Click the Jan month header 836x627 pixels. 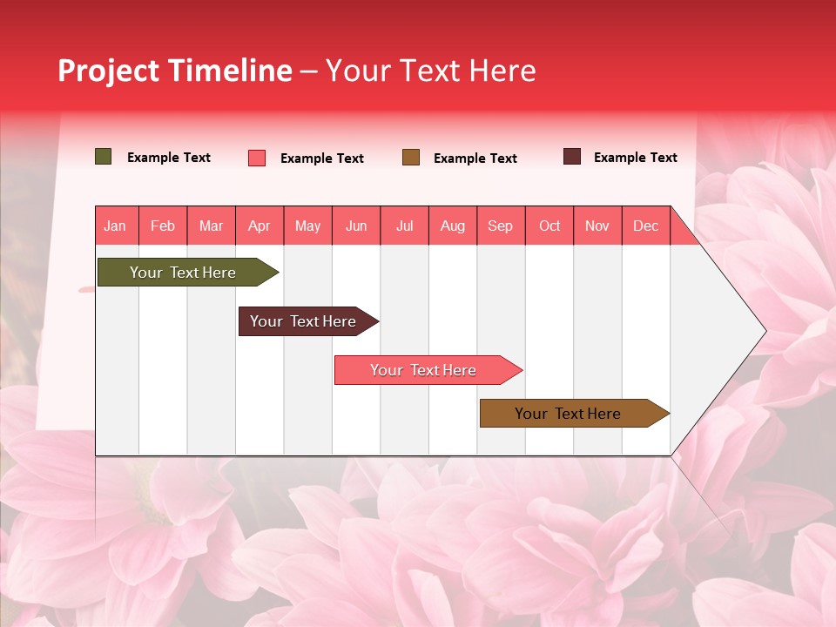point(115,226)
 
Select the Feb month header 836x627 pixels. point(163,226)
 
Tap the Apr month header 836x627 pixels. point(259,226)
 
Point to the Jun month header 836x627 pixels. point(356,226)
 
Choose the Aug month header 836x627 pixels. point(452,226)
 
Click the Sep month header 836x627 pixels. point(500,226)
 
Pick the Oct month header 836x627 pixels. point(549,226)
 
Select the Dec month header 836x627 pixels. point(645,226)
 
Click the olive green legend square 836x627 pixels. point(104,157)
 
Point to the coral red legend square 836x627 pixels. point(257,158)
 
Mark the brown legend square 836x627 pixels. point(411,158)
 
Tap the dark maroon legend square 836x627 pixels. point(572,157)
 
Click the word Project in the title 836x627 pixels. point(109,71)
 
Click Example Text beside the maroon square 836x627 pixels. point(635,158)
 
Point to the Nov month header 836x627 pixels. point(597,226)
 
